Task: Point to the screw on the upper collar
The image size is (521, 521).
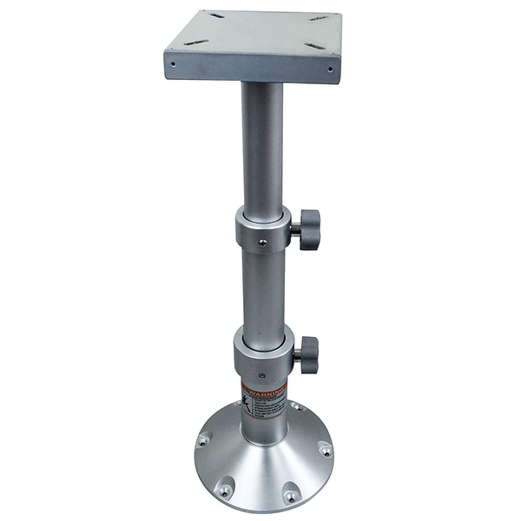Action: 263,242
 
